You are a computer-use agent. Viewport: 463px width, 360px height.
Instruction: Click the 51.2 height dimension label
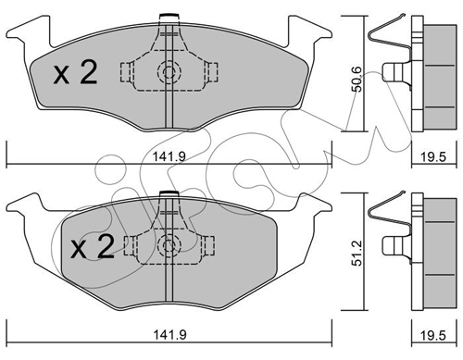coord(357,254)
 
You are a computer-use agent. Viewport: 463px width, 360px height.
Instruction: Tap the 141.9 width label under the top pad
coord(169,156)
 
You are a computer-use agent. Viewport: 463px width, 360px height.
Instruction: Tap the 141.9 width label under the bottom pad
coord(169,334)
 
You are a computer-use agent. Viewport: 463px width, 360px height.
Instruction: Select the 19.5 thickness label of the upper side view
coord(433,157)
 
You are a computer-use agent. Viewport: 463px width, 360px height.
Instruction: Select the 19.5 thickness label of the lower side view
coord(433,335)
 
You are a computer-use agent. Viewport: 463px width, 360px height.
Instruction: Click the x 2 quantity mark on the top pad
coord(75,72)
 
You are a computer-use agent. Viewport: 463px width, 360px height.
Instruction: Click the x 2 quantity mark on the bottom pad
coord(93,246)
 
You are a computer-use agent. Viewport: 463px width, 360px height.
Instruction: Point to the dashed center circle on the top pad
coord(169,72)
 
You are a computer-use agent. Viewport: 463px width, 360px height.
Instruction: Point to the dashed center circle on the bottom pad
coord(169,246)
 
